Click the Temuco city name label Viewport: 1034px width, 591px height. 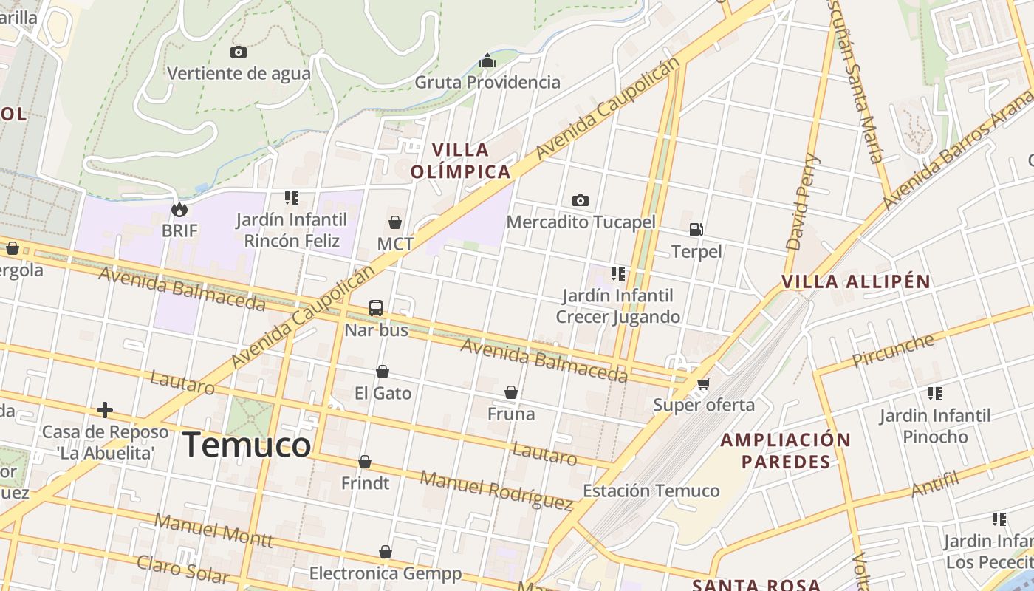[247, 445]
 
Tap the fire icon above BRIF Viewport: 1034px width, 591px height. [179, 210]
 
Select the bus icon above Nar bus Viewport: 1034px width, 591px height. [376, 308]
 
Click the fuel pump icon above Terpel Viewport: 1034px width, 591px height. [696, 230]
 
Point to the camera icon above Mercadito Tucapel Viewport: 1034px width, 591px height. [581, 200]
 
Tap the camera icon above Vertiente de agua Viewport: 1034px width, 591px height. [238, 52]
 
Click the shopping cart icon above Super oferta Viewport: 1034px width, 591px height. [703, 383]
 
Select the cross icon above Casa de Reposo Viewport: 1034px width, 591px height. [105, 409]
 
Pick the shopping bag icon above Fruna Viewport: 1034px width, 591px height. [510, 392]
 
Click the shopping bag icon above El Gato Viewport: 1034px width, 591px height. [383, 372]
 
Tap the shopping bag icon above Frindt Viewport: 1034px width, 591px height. [365, 462]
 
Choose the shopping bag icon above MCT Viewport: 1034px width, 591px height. [395, 222]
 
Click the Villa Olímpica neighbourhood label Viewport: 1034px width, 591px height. [460, 161]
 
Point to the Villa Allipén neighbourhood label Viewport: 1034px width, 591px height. [855, 281]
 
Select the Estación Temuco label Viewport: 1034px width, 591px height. [651, 491]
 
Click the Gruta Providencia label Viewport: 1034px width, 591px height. [487, 82]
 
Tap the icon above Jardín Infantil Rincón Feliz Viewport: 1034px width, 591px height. [292, 198]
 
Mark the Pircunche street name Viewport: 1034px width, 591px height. [893, 351]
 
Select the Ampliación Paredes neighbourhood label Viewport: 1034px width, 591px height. [786, 451]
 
